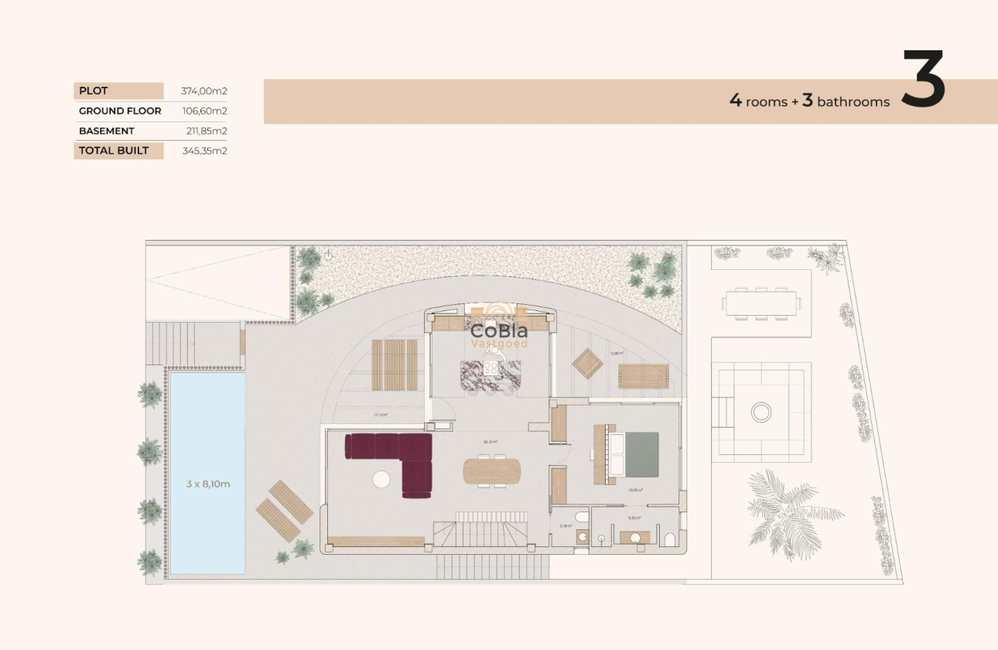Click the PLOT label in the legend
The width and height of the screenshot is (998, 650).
(94, 91)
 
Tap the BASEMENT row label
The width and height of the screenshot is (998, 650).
(107, 131)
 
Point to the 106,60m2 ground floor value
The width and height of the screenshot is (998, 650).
(203, 111)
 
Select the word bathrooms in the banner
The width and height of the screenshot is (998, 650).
(853, 101)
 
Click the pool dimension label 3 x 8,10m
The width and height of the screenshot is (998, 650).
(208, 484)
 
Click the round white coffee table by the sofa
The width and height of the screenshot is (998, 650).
(381, 480)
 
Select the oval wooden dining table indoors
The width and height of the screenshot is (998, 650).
(492, 470)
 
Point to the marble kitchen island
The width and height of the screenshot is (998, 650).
(490, 373)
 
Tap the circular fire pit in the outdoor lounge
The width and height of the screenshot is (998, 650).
(761, 412)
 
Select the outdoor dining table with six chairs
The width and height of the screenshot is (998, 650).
(760, 303)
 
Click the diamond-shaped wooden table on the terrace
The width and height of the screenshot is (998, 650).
(588, 363)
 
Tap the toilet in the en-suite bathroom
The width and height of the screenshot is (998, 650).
(670, 539)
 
